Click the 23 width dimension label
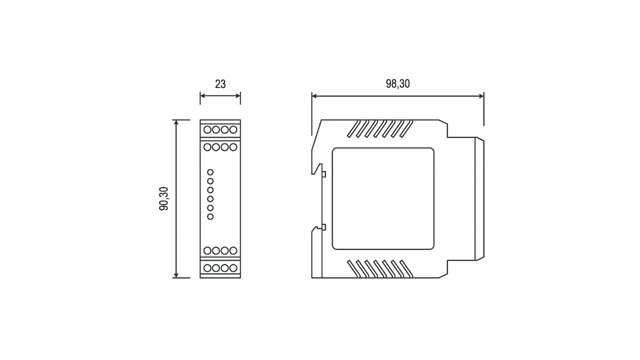pyautogui.click(x=220, y=84)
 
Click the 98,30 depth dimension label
pyautogui.click(x=398, y=84)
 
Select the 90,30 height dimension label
pyautogui.click(x=164, y=198)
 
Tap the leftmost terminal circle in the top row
pyautogui.click(x=207, y=130)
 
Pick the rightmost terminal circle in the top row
pyautogui.click(x=233, y=130)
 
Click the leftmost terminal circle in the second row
pyautogui.click(x=207, y=147)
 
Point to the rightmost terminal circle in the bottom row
pyautogui.click(x=233, y=268)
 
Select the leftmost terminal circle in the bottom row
pyautogui.click(x=207, y=268)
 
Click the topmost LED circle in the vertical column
pyautogui.click(x=210, y=172)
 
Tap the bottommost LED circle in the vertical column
pyautogui.click(x=210, y=217)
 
